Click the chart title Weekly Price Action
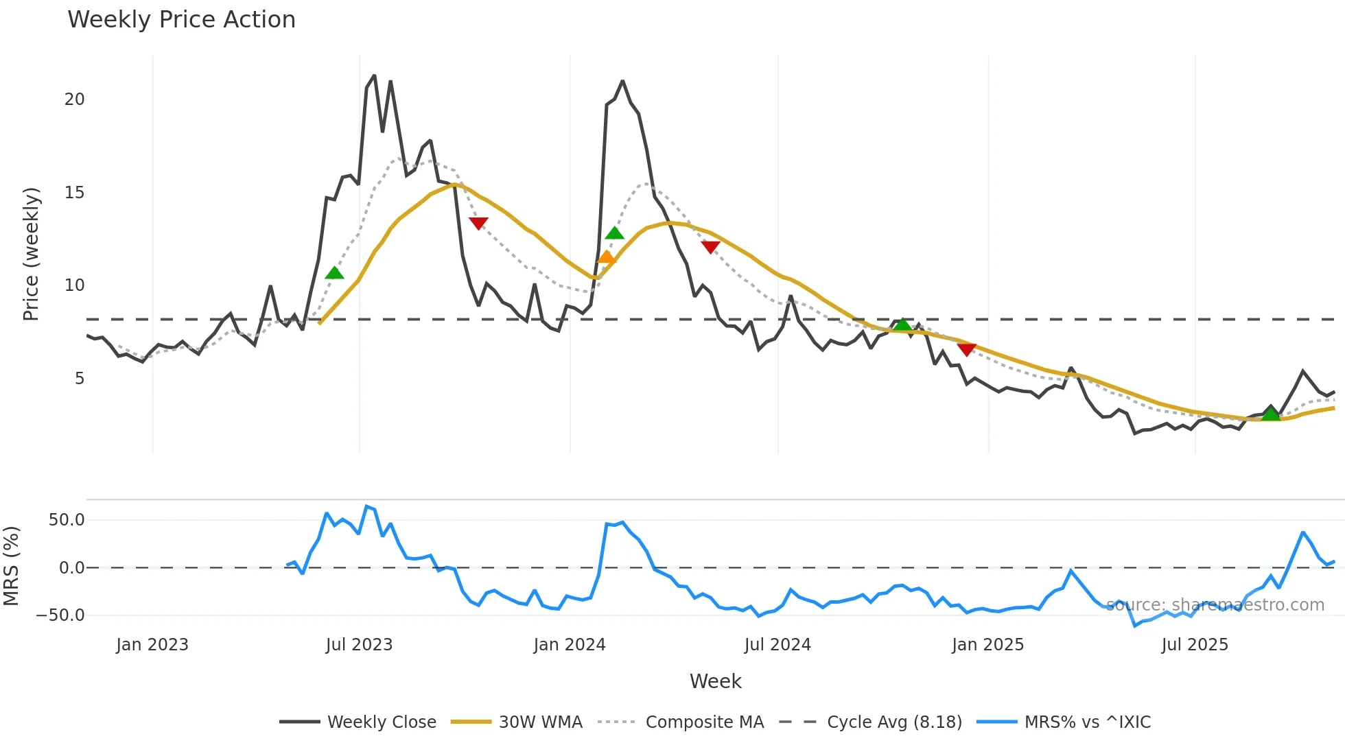181,19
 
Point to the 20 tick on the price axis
75,99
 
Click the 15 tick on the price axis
75,193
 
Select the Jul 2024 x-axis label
777,645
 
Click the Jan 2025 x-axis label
987,645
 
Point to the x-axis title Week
715,681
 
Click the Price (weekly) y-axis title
31,254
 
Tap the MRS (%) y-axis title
11,566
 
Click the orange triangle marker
606,257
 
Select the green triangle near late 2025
1271,414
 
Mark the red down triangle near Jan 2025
966,350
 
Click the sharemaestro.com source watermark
1215,605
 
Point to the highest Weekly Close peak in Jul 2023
374,75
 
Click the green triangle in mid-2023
334,273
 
